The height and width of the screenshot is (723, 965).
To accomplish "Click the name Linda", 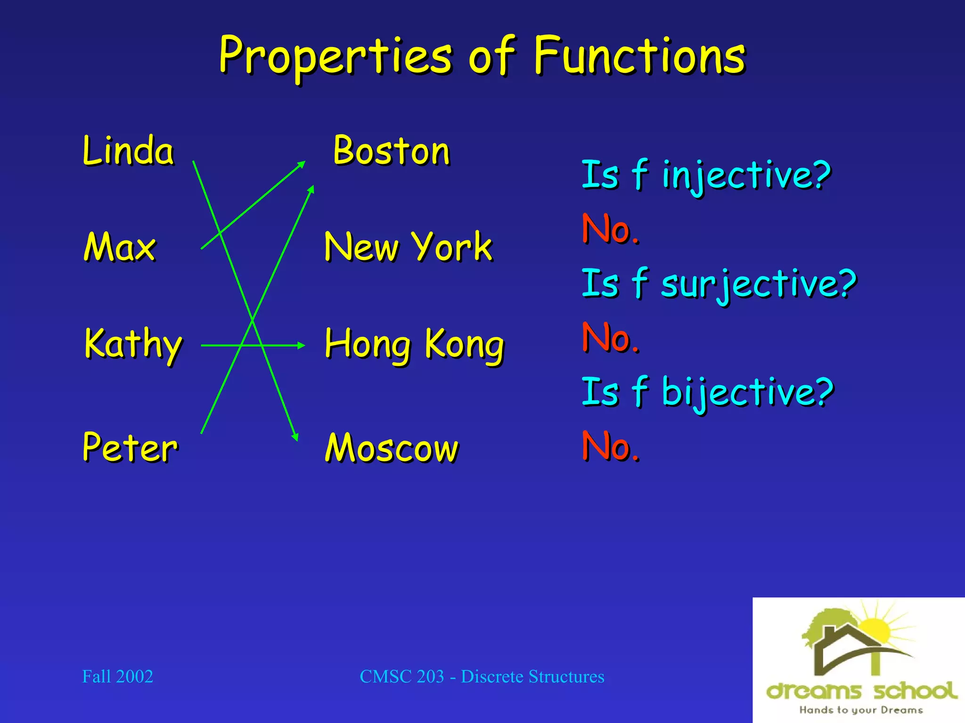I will pyautogui.click(x=128, y=151).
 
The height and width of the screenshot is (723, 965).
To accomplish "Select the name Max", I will pyautogui.click(x=120, y=247).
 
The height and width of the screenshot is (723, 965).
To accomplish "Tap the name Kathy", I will pyautogui.click(x=133, y=345).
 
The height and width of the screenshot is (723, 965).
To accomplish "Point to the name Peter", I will pyautogui.click(x=130, y=447).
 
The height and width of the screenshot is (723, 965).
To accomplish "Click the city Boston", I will pyautogui.click(x=392, y=151).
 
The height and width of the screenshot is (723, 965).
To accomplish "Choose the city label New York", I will pyautogui.click(x=408, y=247).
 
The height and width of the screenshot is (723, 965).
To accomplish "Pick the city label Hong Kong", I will pyautogui.click(x=414, y=345).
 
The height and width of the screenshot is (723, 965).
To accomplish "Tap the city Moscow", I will pyautogui.click(x=392, y=447).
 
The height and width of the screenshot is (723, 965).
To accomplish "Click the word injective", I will pyautogui.click(x=746, y=175).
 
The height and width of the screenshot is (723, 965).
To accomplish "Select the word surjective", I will pyautogui.click(x=759, y=283).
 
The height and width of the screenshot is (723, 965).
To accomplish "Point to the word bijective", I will pyautogui.click(x=747, y=392).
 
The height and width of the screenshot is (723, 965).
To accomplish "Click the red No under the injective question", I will pyautogui.click(x=610, y=229).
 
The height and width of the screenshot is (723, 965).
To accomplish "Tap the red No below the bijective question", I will pyautogui.click(x=610, y=446).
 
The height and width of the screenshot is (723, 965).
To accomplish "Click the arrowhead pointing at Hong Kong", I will pyautogui.click(x=302, y=345).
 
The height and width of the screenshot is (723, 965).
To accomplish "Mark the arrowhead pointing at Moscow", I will pyautogui.click(x=295, y=437).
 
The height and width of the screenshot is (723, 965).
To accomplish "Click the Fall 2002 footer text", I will pyautogui.click(x=117, y=676).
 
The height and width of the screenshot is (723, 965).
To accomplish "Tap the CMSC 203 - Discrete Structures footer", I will pyautogui.click(x=482, y=676).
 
